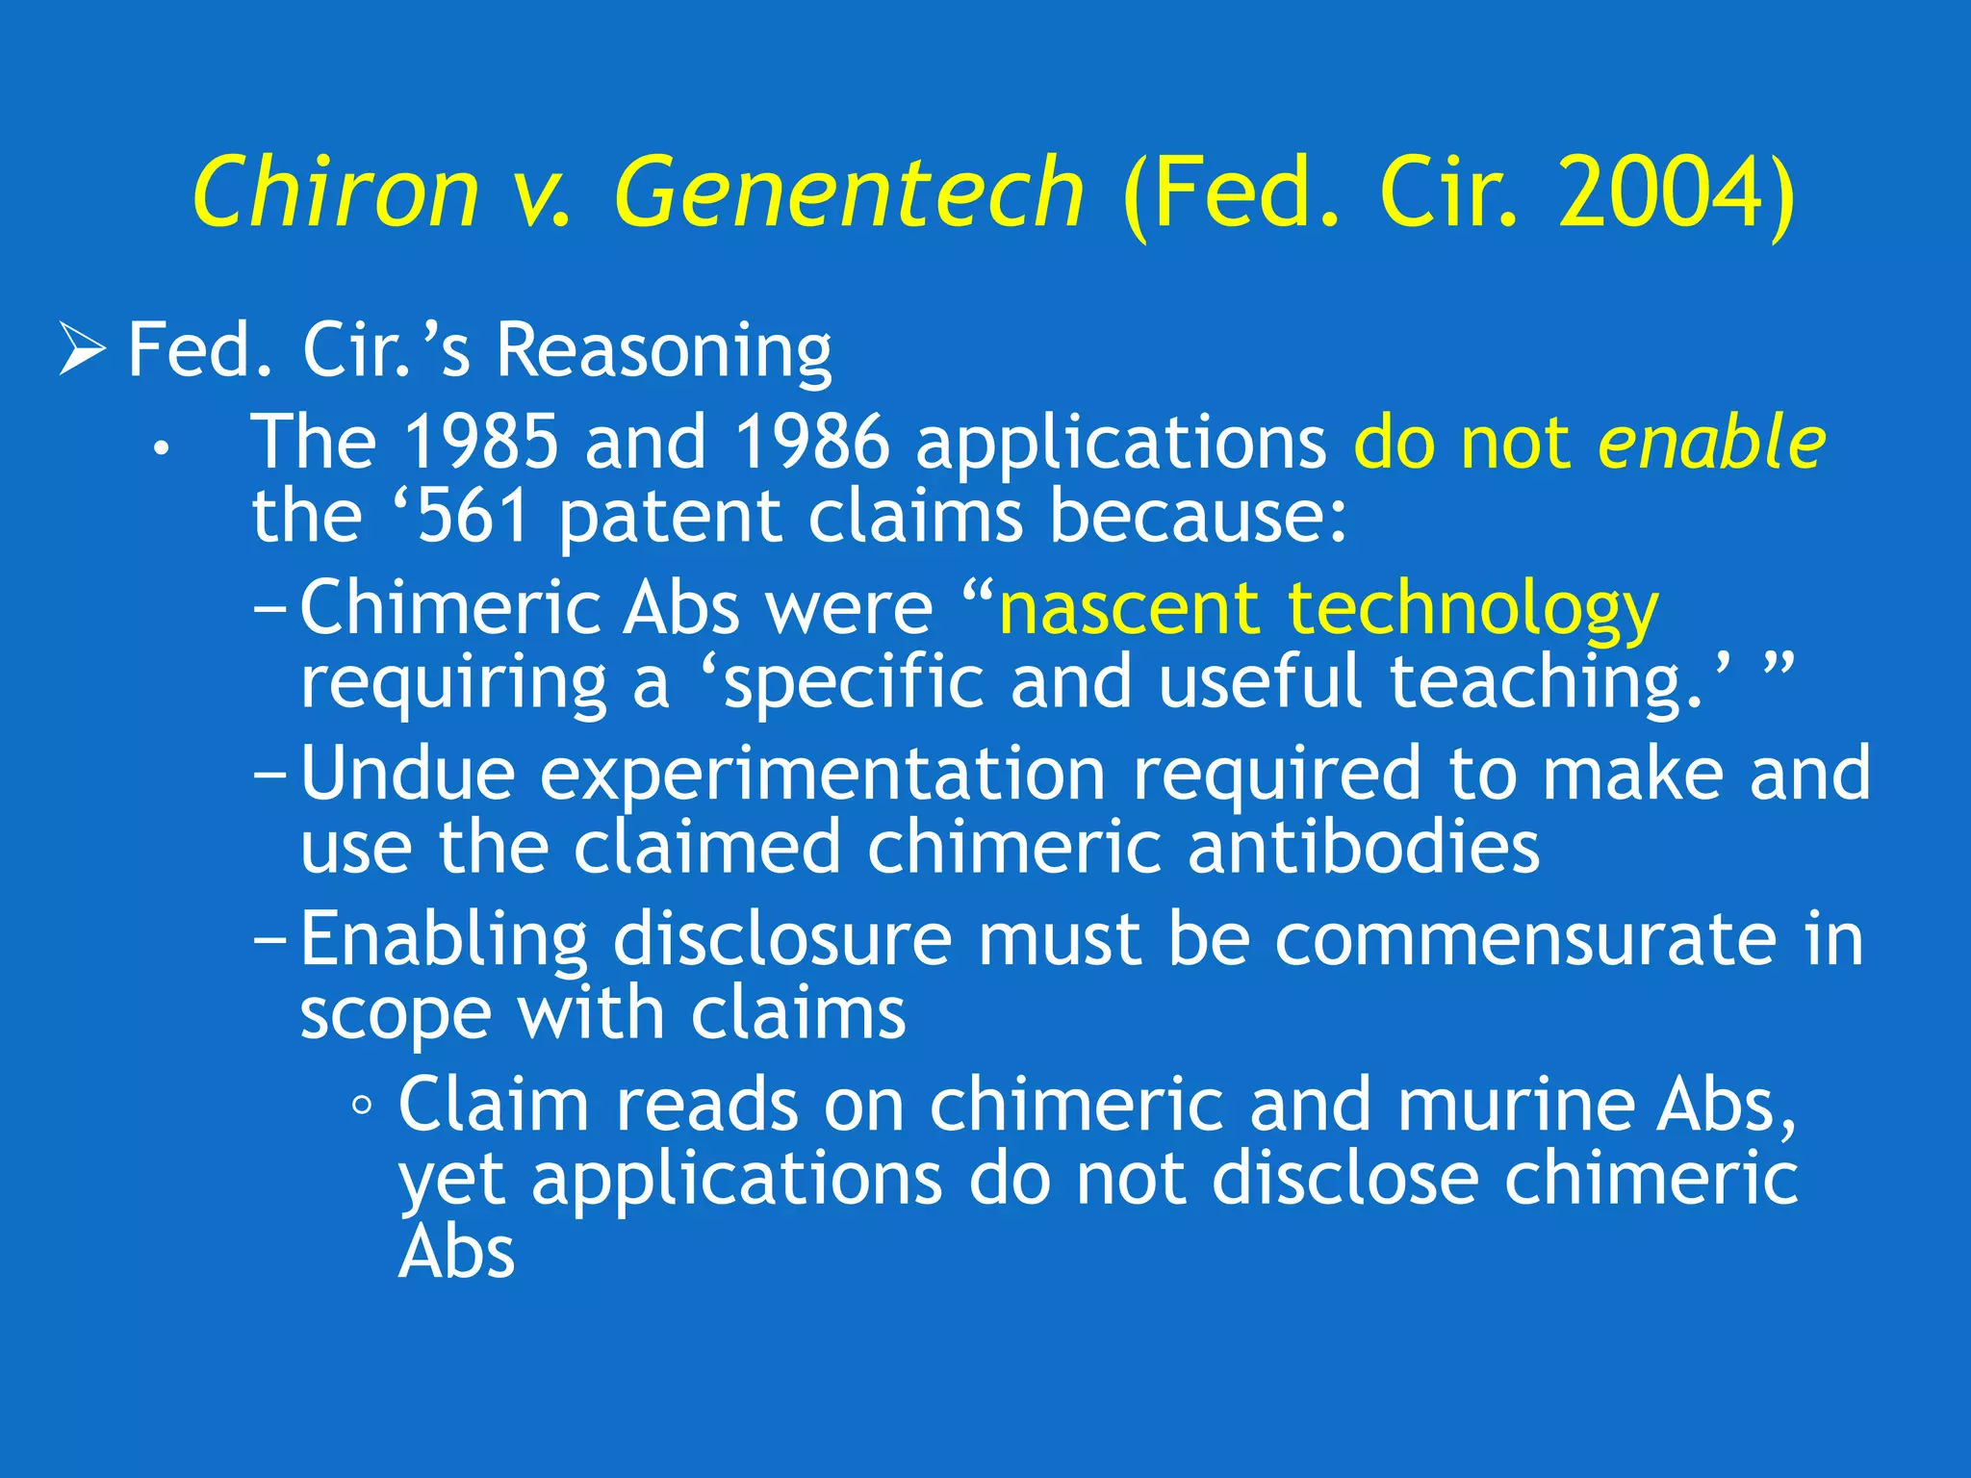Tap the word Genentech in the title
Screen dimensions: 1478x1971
tap(849, 194)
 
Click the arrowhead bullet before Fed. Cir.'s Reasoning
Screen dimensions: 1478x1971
tap(82, 348)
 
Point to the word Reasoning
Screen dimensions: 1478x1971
tap(663, 352)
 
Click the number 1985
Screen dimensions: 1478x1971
tap(480, 442)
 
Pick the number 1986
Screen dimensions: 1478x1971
tap(811, 442)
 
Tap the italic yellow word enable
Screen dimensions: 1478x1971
tap(1711, 442)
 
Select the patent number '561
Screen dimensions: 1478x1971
tap(463, 516)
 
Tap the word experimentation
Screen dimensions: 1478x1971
tap(822, 776)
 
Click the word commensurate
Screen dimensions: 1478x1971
tap(1525, 939)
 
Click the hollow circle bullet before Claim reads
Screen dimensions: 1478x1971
tap(362, 1107)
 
